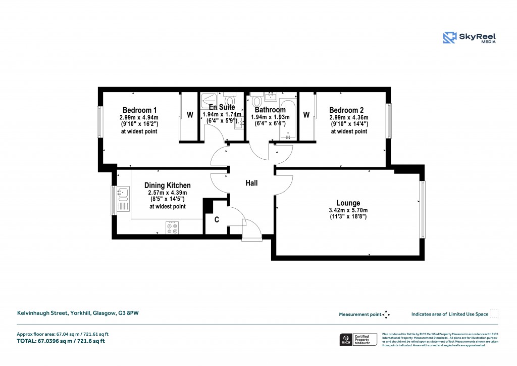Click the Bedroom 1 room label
140,110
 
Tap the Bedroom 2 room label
346,110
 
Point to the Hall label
251,183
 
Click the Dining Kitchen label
167,186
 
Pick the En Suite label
222,107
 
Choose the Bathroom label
270,110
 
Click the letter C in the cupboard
217,220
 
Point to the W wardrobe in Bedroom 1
190,115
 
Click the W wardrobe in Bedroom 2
306,115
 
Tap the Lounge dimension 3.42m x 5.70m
348,210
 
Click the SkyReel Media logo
470,37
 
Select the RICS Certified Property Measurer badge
358,339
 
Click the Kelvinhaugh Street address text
78,313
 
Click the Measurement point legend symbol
386,314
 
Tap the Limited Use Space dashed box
494,314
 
